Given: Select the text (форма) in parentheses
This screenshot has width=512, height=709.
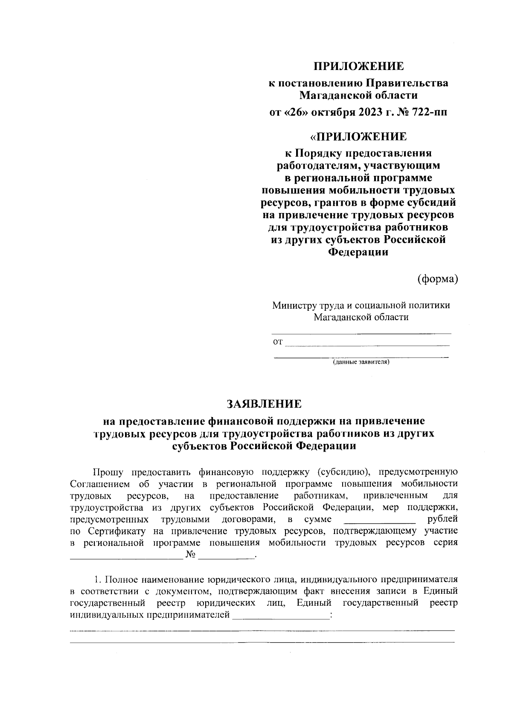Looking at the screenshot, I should point(437,278).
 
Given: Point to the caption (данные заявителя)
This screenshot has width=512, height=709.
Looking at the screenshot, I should point(361,362).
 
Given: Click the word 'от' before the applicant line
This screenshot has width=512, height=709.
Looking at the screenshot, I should point(278,341).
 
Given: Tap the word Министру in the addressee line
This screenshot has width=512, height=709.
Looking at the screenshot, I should point(294,305).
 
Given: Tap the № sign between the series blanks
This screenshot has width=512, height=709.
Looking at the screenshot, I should point(191,554).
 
